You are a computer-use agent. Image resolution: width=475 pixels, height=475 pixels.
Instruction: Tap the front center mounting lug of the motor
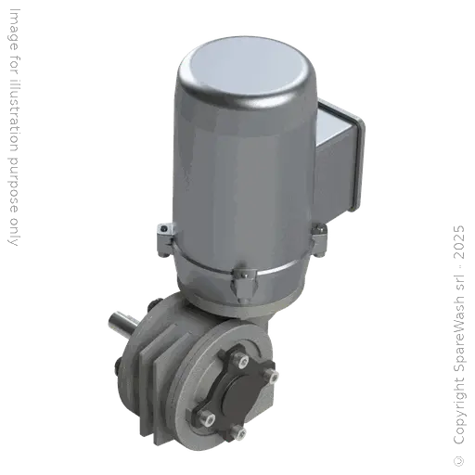click(238, 278)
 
